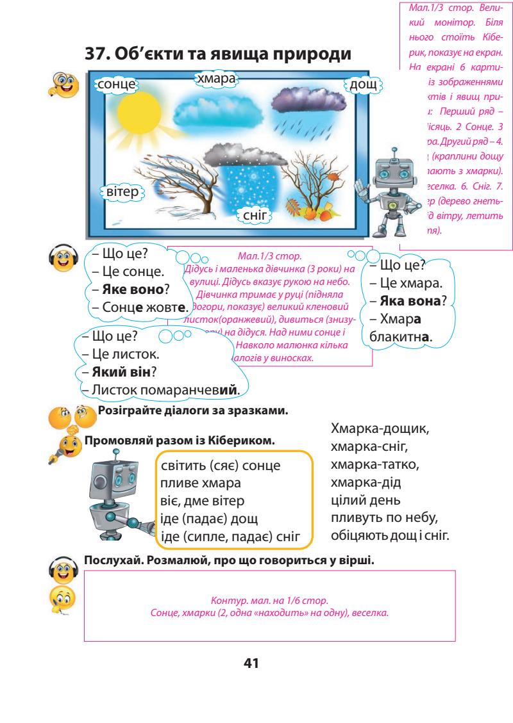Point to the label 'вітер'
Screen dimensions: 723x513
coord(121,192)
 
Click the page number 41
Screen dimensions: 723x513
coord(255,663)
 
